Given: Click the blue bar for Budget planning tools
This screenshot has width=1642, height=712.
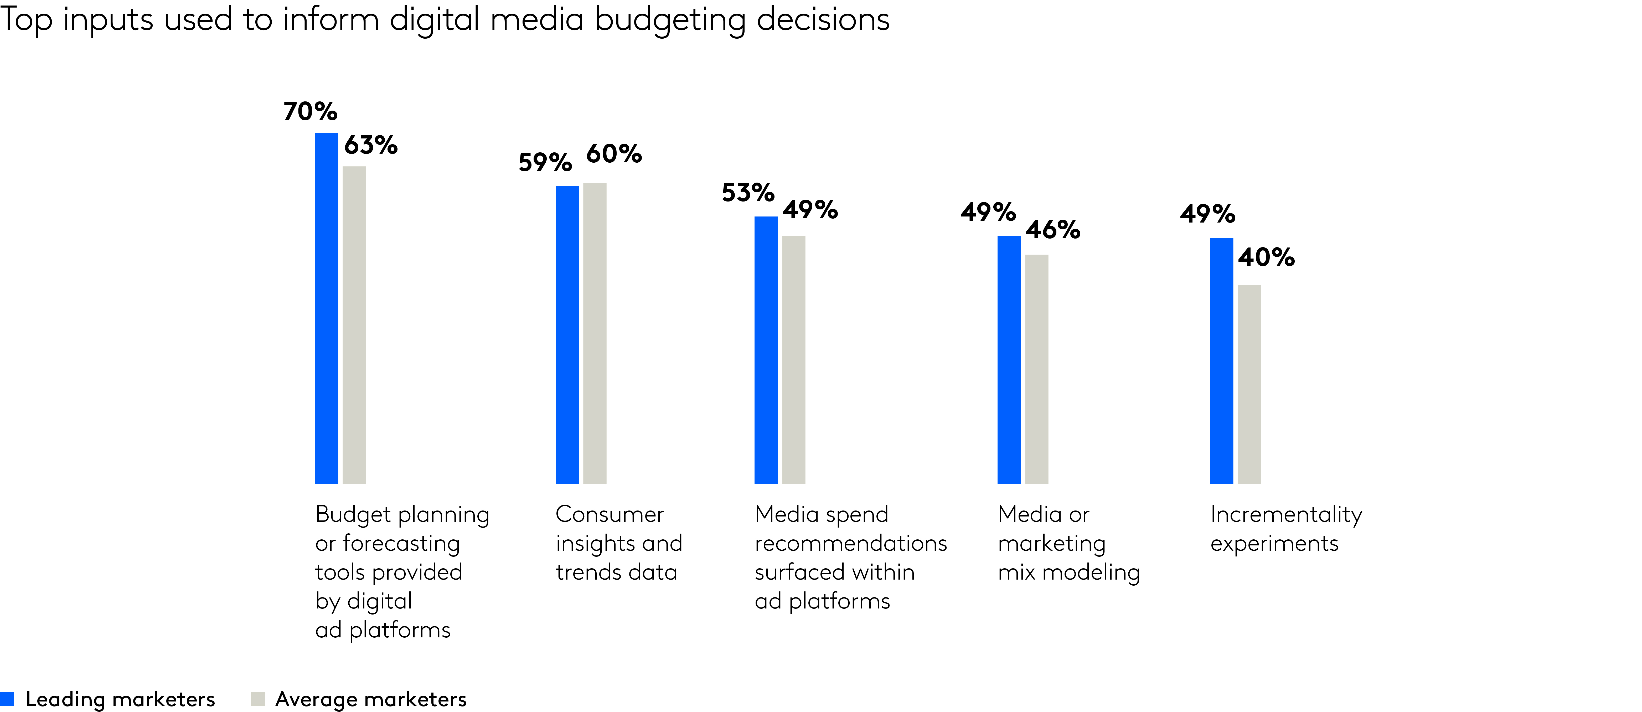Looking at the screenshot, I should click(x=326, y=308).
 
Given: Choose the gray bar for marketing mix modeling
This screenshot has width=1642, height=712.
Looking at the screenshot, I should click(x=1036, y=369).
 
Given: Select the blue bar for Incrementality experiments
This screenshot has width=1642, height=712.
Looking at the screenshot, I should click(x=1221, y=361).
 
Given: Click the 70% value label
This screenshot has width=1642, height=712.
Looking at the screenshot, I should click(x=311, y=112).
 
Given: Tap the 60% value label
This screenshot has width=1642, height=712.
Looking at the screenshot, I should click(x=614, y=154).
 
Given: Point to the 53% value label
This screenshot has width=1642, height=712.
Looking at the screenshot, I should click(x=748, y=193).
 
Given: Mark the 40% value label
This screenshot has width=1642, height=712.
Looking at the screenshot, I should click(x=1266, y=257).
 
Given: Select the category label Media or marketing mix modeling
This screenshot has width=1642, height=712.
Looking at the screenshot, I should click(x=1068, y=543).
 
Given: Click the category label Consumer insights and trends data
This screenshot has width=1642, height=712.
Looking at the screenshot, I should click(x=618, y=543).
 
